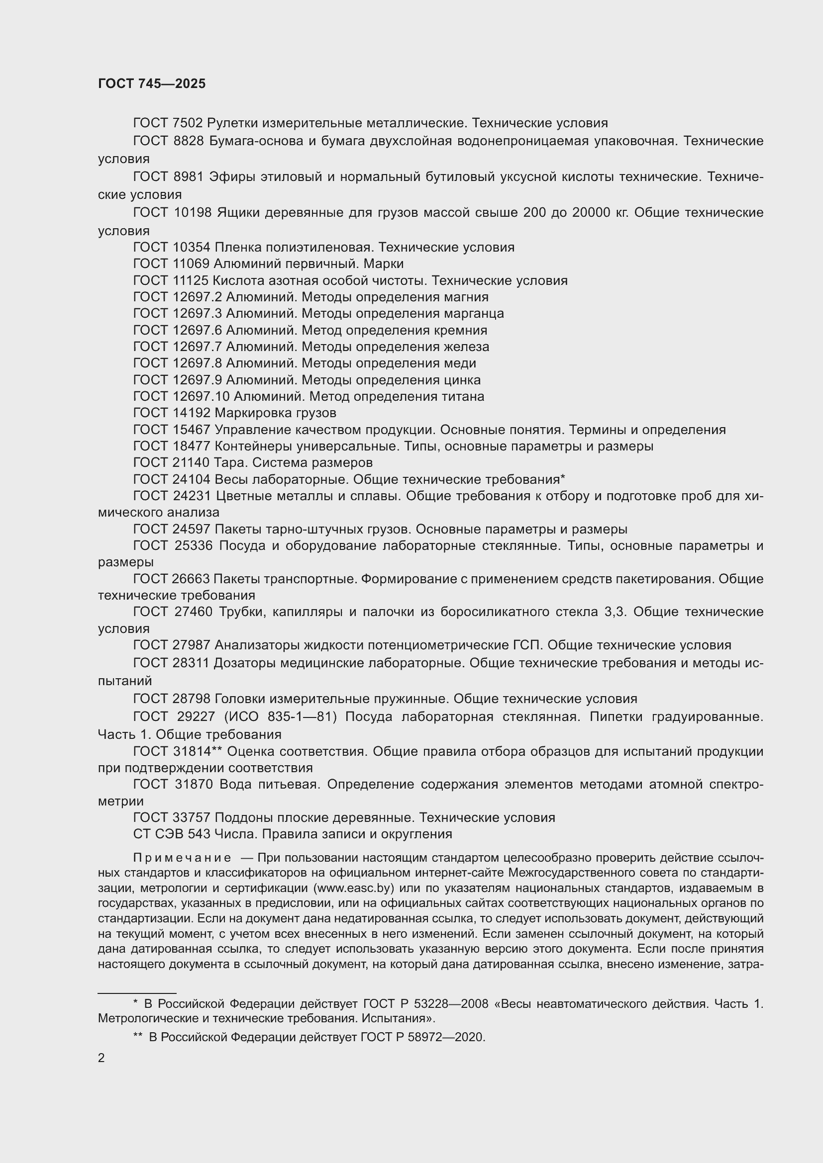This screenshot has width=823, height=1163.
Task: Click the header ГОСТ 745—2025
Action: pyautogui.click(x=152, y=84)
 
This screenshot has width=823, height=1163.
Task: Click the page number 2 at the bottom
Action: pyautogui.click(x=102, y=1058)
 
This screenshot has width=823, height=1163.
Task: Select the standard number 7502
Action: pyautogui.click(x=188, y=123)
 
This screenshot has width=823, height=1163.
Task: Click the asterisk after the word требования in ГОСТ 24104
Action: pyautogui.click(x=563, y=478)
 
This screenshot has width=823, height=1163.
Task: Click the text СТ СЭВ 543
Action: pyautogui.click(x=171, y=834)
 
